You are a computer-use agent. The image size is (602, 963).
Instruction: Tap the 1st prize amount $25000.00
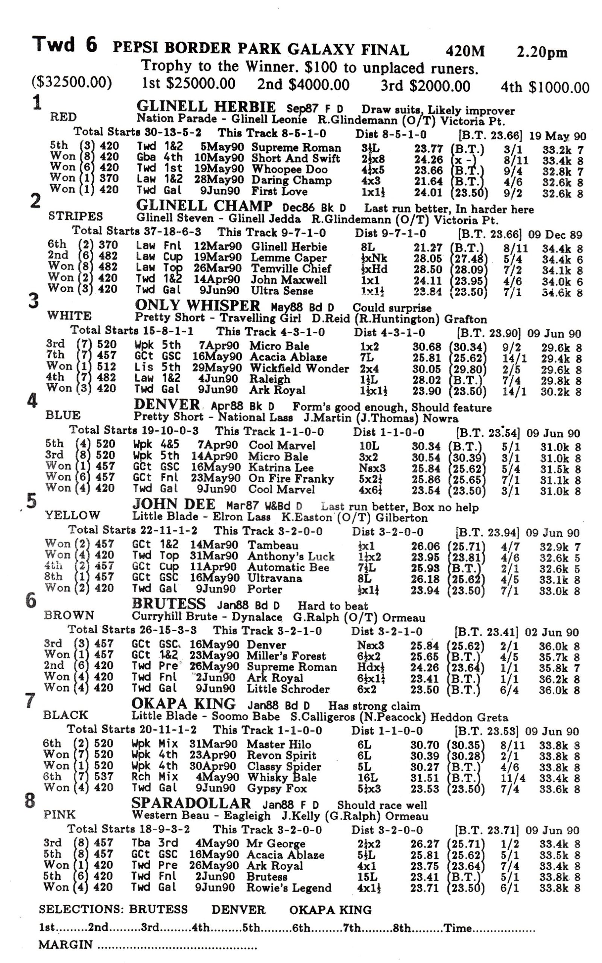point(189,84)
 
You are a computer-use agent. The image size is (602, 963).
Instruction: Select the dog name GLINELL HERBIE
point(206,107)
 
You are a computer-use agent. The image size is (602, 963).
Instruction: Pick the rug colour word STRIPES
point(75,216)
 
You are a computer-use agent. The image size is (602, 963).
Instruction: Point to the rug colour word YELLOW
point(72,515)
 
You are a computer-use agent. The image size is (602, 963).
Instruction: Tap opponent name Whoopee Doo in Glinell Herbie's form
point(289,170)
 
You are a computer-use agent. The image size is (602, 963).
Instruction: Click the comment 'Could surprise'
point(392,308)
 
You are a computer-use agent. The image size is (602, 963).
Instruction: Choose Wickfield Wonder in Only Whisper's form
point(299,368)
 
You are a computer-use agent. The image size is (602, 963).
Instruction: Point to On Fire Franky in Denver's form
point(291,478)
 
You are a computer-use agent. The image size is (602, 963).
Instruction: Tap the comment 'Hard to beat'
point(333,606)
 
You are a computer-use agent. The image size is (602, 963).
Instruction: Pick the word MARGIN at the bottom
point(66,945)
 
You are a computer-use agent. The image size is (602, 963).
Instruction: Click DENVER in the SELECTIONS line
point(238,910)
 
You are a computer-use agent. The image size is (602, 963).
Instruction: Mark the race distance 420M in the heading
point(465,51)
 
